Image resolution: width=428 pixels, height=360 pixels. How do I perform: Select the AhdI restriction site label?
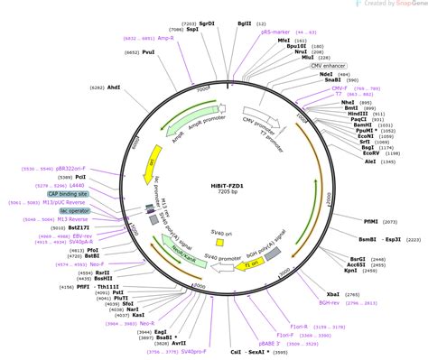pyautogui.click(x=114, y=88)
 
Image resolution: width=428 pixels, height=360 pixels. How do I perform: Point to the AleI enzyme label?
pyautogui.click(x=370, y=162)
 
